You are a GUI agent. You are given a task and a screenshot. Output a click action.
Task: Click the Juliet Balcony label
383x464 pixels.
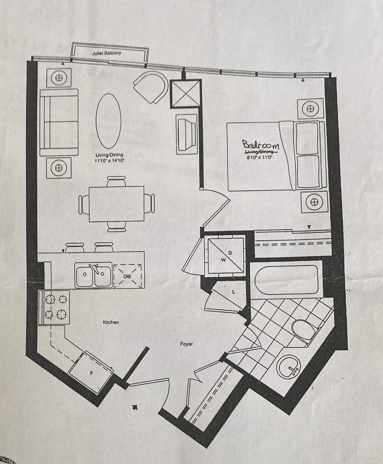107,53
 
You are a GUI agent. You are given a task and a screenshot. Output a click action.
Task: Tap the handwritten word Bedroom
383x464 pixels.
261,145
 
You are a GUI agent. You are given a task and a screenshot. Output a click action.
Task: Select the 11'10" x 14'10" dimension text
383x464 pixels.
109,160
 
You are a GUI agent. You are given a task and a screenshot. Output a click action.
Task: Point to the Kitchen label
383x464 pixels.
111,322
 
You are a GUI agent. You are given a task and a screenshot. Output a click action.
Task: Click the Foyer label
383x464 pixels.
186,344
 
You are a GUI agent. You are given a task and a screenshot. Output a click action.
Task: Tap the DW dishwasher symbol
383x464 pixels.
128,276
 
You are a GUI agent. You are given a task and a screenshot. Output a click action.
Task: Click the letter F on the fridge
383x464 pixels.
91,373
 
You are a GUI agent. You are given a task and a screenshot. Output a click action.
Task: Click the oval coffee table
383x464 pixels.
108,121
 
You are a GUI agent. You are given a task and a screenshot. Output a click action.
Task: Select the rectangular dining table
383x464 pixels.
116,204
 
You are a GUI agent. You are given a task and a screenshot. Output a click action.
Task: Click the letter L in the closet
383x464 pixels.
234,292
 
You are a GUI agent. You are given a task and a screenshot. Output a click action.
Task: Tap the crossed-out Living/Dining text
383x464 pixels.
261,152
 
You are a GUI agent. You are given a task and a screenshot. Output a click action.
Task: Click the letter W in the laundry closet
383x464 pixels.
223,260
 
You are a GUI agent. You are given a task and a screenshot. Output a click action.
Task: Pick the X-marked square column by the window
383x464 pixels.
186,94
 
